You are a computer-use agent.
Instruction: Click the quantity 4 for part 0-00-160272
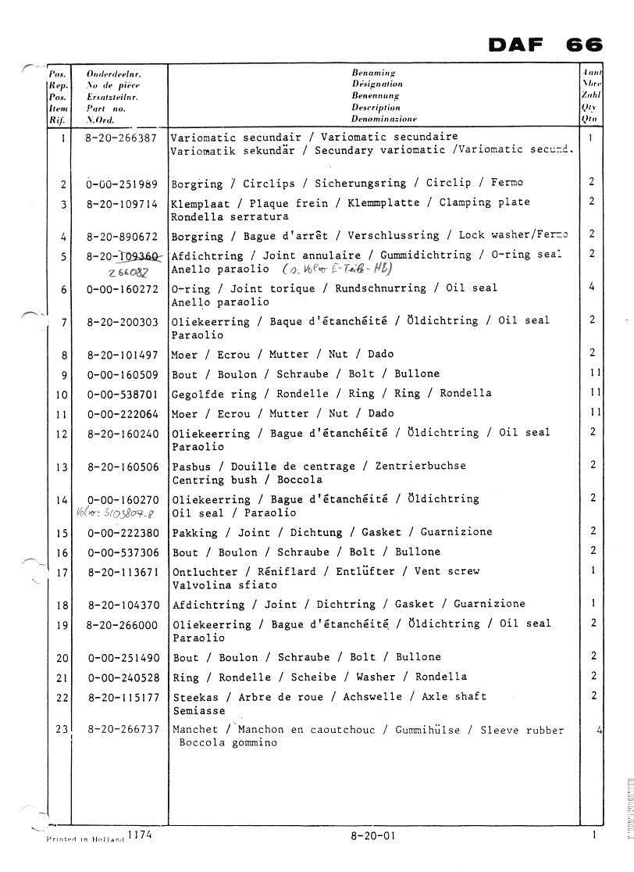(592, 288)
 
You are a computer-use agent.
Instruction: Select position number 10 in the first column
(62, 395)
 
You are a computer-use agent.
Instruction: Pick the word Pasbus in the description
(191, 466)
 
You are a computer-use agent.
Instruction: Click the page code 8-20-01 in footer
(373, 836)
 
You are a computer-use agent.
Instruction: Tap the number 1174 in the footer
(139, 834)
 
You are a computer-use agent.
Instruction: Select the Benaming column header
(376, 73)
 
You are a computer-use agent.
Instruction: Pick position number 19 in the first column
(62, 624)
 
